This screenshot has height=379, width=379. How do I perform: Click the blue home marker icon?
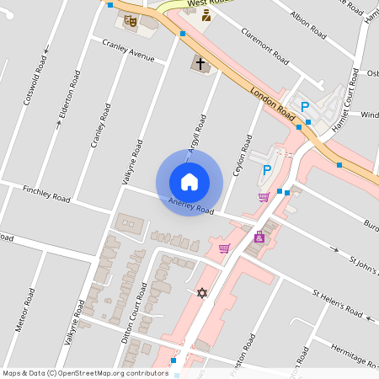pos(189,182)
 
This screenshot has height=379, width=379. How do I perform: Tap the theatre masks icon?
pos(130,20)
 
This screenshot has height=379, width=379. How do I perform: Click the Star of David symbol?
pos(201,292)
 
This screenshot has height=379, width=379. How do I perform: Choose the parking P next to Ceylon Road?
pos(267,170)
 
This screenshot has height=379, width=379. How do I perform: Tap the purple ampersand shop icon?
pos(259,237)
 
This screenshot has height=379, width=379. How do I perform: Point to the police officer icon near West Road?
pos(206,15)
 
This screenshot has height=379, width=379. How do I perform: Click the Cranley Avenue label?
pos(128,51)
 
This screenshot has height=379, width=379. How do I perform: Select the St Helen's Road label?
pos(337,304)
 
